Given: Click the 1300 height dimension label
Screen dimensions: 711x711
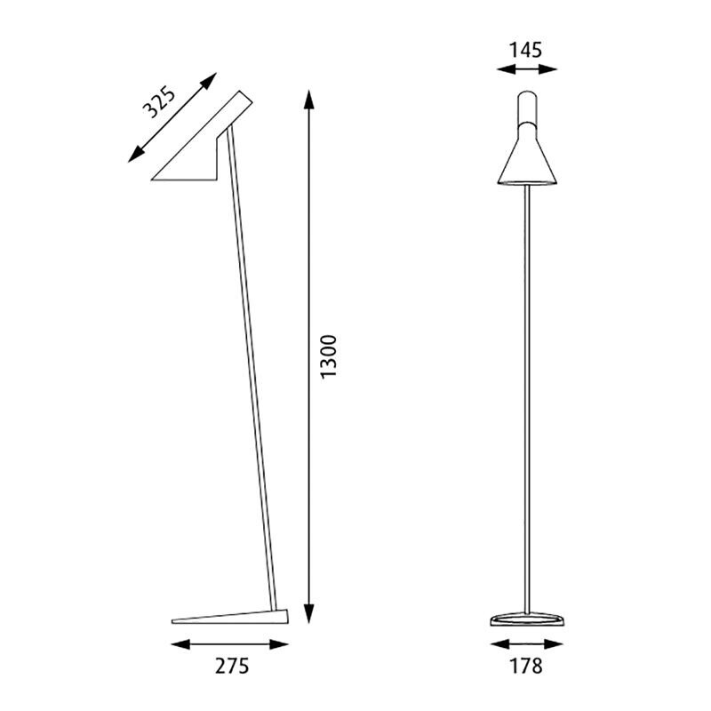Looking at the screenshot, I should pyautogui.click(x=329, y=357).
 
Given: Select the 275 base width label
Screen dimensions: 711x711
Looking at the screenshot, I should pyautogui.click(x=230, y=666).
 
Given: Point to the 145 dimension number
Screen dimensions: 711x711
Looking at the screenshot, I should pyautogui.click(x=527, y=49).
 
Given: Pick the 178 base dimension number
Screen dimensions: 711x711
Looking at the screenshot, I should pyautogui.click(x=527, y=666).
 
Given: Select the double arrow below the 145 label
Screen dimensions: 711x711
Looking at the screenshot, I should pyautogui.click(x=527, y=70).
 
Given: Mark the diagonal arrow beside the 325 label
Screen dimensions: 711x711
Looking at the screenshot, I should pyautogui.click(x=174, y=118).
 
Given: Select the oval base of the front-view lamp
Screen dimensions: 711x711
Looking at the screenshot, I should pyautogui.click(x=528, y=620).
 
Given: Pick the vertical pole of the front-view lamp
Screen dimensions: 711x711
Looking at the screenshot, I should pyautogui.click(x=529, y=400).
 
